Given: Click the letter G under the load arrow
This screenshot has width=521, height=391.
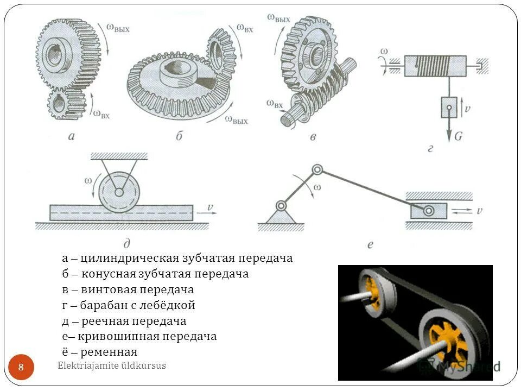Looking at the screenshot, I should [458, 136].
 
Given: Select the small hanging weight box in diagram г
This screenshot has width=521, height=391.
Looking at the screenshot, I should [448, 107].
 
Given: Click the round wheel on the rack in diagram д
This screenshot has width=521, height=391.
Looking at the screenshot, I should [119, 192].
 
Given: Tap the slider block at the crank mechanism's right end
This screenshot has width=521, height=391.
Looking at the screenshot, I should [428, 210].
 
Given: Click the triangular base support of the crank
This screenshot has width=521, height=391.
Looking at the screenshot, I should [281, 216].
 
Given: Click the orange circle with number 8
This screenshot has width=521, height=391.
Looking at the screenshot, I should [21, 368].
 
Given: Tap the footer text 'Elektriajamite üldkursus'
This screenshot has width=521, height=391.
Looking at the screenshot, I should [112, 366].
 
